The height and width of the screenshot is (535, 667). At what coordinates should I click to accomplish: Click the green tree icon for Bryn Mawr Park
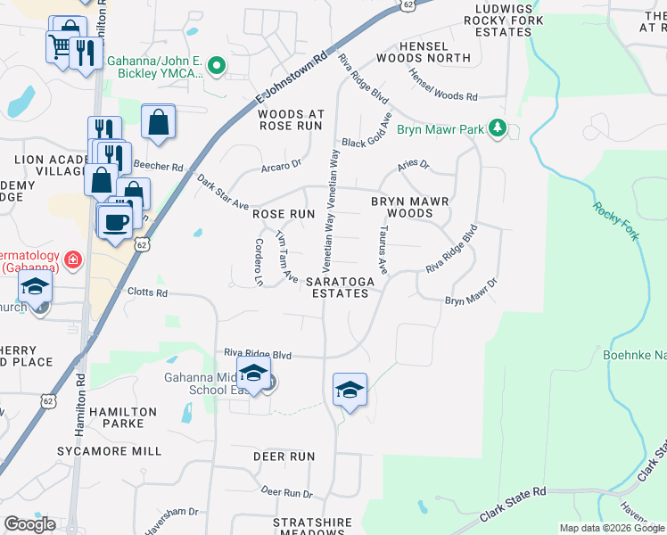[x=498, y=130]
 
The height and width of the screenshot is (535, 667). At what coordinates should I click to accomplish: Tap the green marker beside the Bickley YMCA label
[x=216, y=66]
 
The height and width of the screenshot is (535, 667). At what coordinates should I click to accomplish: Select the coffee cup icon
[x=115, y=221]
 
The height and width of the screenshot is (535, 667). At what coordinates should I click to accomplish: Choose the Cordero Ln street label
[x=259, y=261]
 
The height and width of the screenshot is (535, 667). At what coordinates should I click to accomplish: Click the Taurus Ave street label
[x=382, y=253]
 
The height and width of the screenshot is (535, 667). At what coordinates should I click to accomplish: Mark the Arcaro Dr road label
[x=282, y=163]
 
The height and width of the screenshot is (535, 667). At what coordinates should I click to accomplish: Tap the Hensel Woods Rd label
[x=443, y=86]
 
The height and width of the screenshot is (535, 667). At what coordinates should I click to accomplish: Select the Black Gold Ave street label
[x=366, y=132]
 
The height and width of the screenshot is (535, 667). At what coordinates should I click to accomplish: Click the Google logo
[x=29, y=524]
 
